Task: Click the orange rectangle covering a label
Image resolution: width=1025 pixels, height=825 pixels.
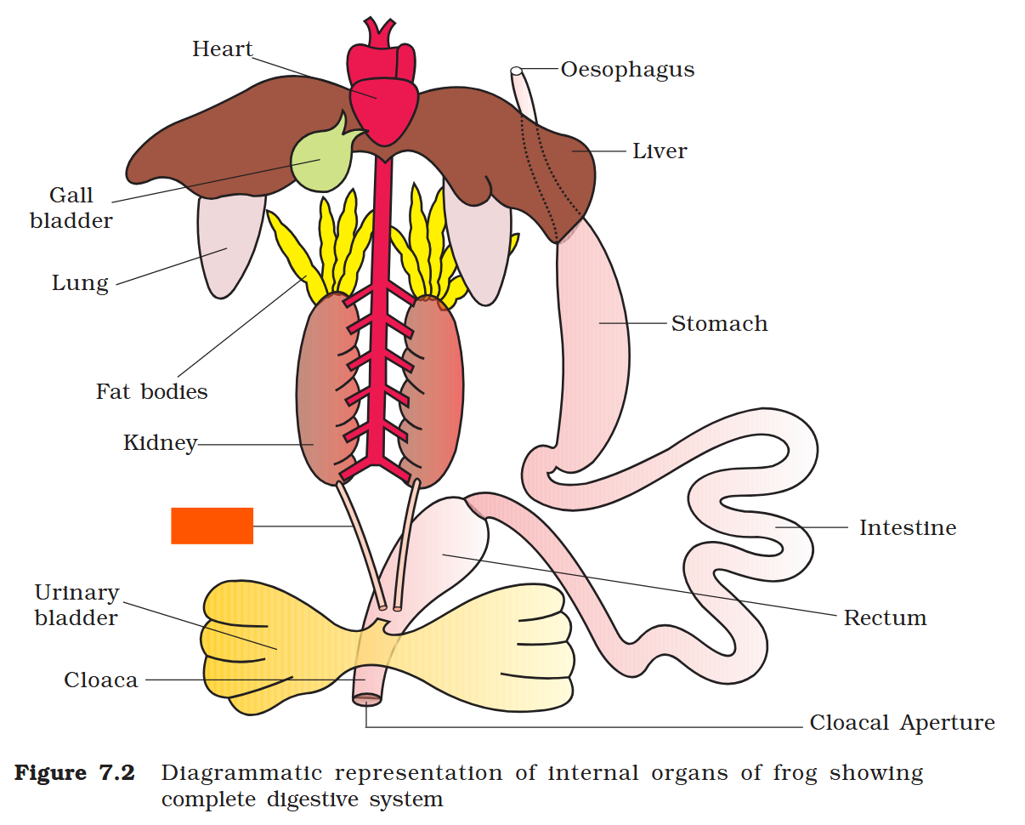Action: pyautogui.click(x=212, y=526)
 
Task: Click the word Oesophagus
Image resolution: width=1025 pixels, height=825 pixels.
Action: pyautogui.click(x=627, y=70)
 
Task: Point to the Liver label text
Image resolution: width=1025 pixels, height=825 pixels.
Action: pyautogui.click(x=660, y=151)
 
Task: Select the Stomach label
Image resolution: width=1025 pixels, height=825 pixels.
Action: pyautogui.click(x=719, y=324)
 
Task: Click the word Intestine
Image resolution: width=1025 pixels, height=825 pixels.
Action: pyautogui.click(x=907, y=528)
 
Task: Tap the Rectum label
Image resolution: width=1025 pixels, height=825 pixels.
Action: pyautogui.click(x=885, y=618)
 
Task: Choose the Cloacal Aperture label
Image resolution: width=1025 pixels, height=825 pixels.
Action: pyautogui.click(x=902, y=724)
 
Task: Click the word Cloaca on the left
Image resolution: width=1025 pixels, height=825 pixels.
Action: pyautogui.click(x=100, y=680)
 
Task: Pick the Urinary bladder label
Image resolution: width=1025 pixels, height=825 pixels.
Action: pyautogui.click(x=76, y=605)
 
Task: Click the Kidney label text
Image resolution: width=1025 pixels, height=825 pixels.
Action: pyautogui.click(x=160, y=443)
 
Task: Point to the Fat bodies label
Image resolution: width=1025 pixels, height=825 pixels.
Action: pyautogui.click(x=151, y=392)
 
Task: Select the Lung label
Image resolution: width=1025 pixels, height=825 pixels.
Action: pyautogui.click(x=80, y=283)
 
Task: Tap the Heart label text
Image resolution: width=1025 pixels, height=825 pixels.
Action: pyautogui.click(x=223, y=49)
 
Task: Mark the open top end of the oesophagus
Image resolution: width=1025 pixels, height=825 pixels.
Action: pyautogui.click(x=516, y=71)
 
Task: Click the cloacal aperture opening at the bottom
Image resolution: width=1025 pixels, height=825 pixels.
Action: pyautogui.click(x=367, y=700)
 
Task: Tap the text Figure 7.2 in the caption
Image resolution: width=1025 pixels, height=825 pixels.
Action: pyautogui.click(x=75, y=774)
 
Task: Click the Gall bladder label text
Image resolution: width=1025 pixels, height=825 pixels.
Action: pyautogui.click(x=71, y=208)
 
